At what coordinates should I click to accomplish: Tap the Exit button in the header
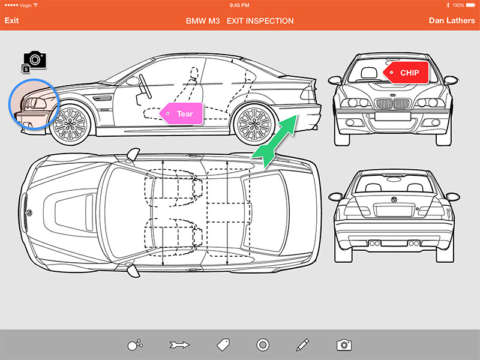12,21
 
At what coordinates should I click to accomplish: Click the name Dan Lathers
452,21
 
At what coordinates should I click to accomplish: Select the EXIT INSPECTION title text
260,21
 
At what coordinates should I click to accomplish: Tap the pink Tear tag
181,113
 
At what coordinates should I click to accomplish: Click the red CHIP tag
409,73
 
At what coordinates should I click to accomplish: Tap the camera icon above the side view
35,60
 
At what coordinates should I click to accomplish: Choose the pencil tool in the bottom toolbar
302,344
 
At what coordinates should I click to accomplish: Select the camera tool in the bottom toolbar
344,344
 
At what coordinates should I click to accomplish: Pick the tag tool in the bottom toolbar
223,344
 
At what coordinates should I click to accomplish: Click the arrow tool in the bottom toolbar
179,344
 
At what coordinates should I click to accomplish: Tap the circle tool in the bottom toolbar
262,344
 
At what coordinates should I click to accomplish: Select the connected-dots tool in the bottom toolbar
135,344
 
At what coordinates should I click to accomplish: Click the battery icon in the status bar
471,5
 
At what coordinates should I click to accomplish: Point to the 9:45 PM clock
240,5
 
